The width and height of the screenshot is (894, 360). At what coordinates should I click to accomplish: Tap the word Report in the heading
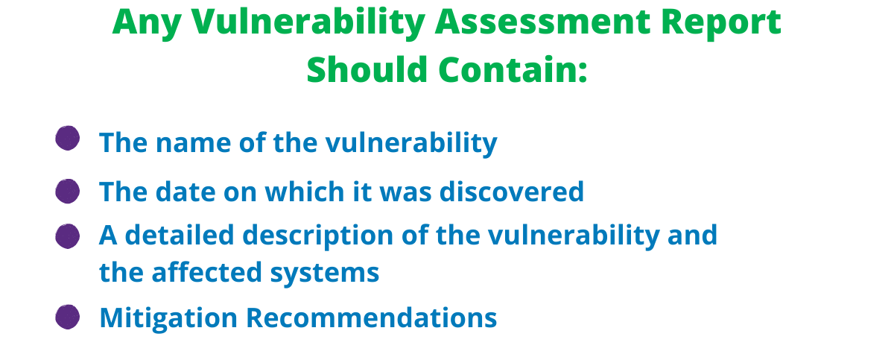(721, 25)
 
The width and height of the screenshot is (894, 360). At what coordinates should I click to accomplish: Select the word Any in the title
(147, 25)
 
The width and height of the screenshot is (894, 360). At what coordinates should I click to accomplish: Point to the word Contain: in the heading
(513, 69)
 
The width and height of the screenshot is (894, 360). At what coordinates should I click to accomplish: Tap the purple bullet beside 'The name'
(68, 138)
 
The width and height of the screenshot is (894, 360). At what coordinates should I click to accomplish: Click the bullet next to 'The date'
(68, 191)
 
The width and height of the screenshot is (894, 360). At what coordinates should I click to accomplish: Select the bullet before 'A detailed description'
(68, 236)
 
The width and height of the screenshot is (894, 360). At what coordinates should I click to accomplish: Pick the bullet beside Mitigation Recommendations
(68, 317)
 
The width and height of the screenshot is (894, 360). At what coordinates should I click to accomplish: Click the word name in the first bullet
(193, 144)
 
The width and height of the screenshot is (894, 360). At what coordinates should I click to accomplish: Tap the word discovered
(512, 191)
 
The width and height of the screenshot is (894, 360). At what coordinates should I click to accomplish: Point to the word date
(185, 191)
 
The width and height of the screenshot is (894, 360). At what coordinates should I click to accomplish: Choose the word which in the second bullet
(305, 191)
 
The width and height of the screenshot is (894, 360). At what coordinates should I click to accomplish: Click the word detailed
(180, 234)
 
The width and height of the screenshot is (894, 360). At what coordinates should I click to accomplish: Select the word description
(317, 237)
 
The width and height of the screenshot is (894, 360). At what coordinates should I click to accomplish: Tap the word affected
(206, 272)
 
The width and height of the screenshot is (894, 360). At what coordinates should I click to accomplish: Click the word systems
(325, 274)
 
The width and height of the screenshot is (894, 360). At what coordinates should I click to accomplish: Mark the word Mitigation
(168, 319)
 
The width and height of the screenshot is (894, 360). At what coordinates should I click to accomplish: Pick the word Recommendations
(371, 318)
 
